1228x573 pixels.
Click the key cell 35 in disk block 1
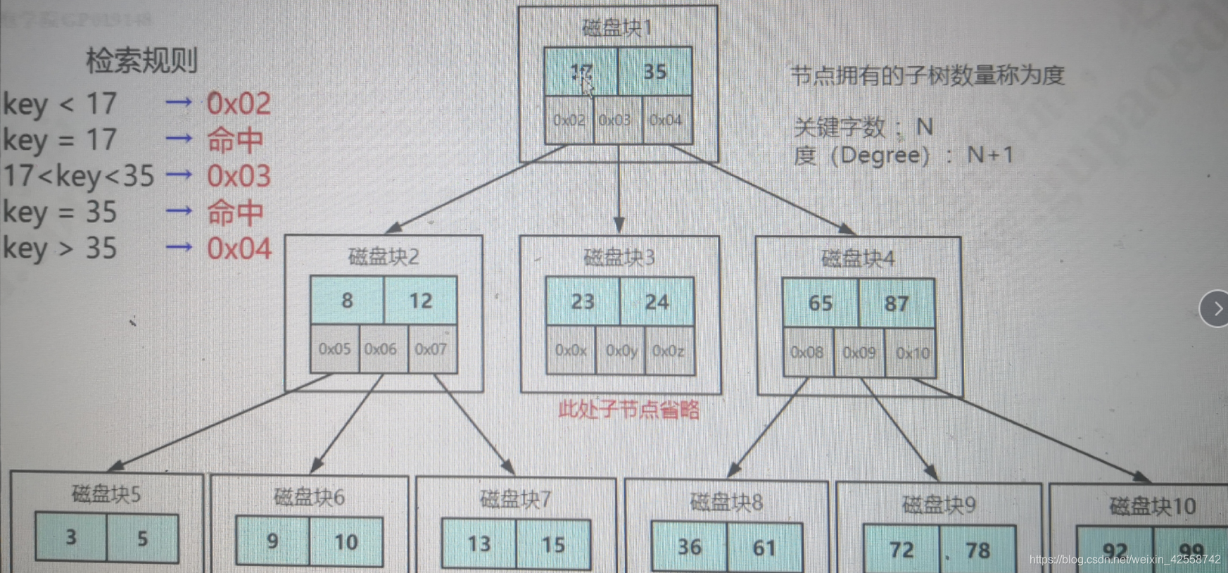tap(654, 71)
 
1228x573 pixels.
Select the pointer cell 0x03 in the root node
tap(614, 120)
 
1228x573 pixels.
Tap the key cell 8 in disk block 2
tap(347, 301)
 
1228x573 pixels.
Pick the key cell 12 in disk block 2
tap(421, 301)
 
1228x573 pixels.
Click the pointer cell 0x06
tap(381, 349)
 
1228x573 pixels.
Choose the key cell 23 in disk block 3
tap(583, 302)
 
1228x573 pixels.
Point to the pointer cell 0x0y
tap(621, 351)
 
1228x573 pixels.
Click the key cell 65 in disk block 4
tap(821, 303)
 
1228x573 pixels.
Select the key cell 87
tap(897, 303)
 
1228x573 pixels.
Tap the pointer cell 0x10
tap(912, 353)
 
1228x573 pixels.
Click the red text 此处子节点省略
tap(628, 410)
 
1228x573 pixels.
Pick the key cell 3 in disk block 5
tap(71, 538)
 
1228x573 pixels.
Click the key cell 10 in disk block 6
tap(346, 541)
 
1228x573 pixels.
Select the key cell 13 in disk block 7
tap(479, 543)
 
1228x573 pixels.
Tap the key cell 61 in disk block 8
tap(764, 547)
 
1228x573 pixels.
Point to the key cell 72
tap(901, 550)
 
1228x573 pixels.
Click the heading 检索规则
tap(141, 61)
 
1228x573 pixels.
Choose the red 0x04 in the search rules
tap(239, 248)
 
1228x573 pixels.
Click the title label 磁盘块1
tap(617, 28)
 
